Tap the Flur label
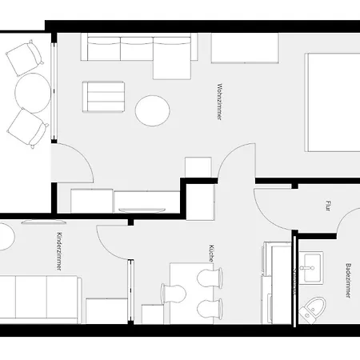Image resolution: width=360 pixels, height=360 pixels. pos(329,205)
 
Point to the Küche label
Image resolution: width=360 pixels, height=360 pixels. pos(210,254)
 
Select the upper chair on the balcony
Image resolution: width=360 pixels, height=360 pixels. pos(24,56)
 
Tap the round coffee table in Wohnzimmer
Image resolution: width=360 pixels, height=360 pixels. pos(152,110)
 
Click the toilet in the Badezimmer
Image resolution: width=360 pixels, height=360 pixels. pos(314,308)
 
